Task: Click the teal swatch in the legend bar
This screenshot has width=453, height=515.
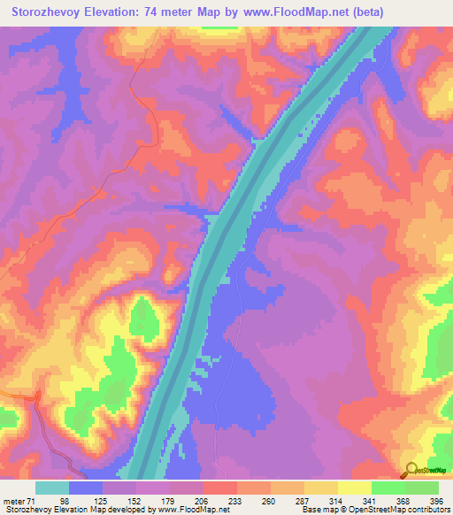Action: coord(52,488)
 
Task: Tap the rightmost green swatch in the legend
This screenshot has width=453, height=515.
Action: coord(422,488)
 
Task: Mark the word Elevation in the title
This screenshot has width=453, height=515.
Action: coord(131,11)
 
